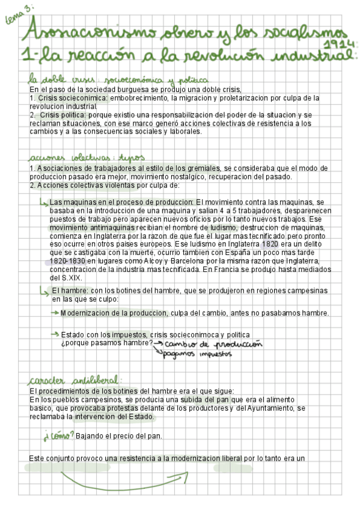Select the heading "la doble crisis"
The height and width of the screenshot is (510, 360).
pyautogui.click(x=52, y=80)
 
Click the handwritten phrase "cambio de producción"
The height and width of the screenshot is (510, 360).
pyautogui.click(x=213, y=345)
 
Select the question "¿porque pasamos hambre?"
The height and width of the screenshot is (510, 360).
pyautogui.click(x=106, y=343)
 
